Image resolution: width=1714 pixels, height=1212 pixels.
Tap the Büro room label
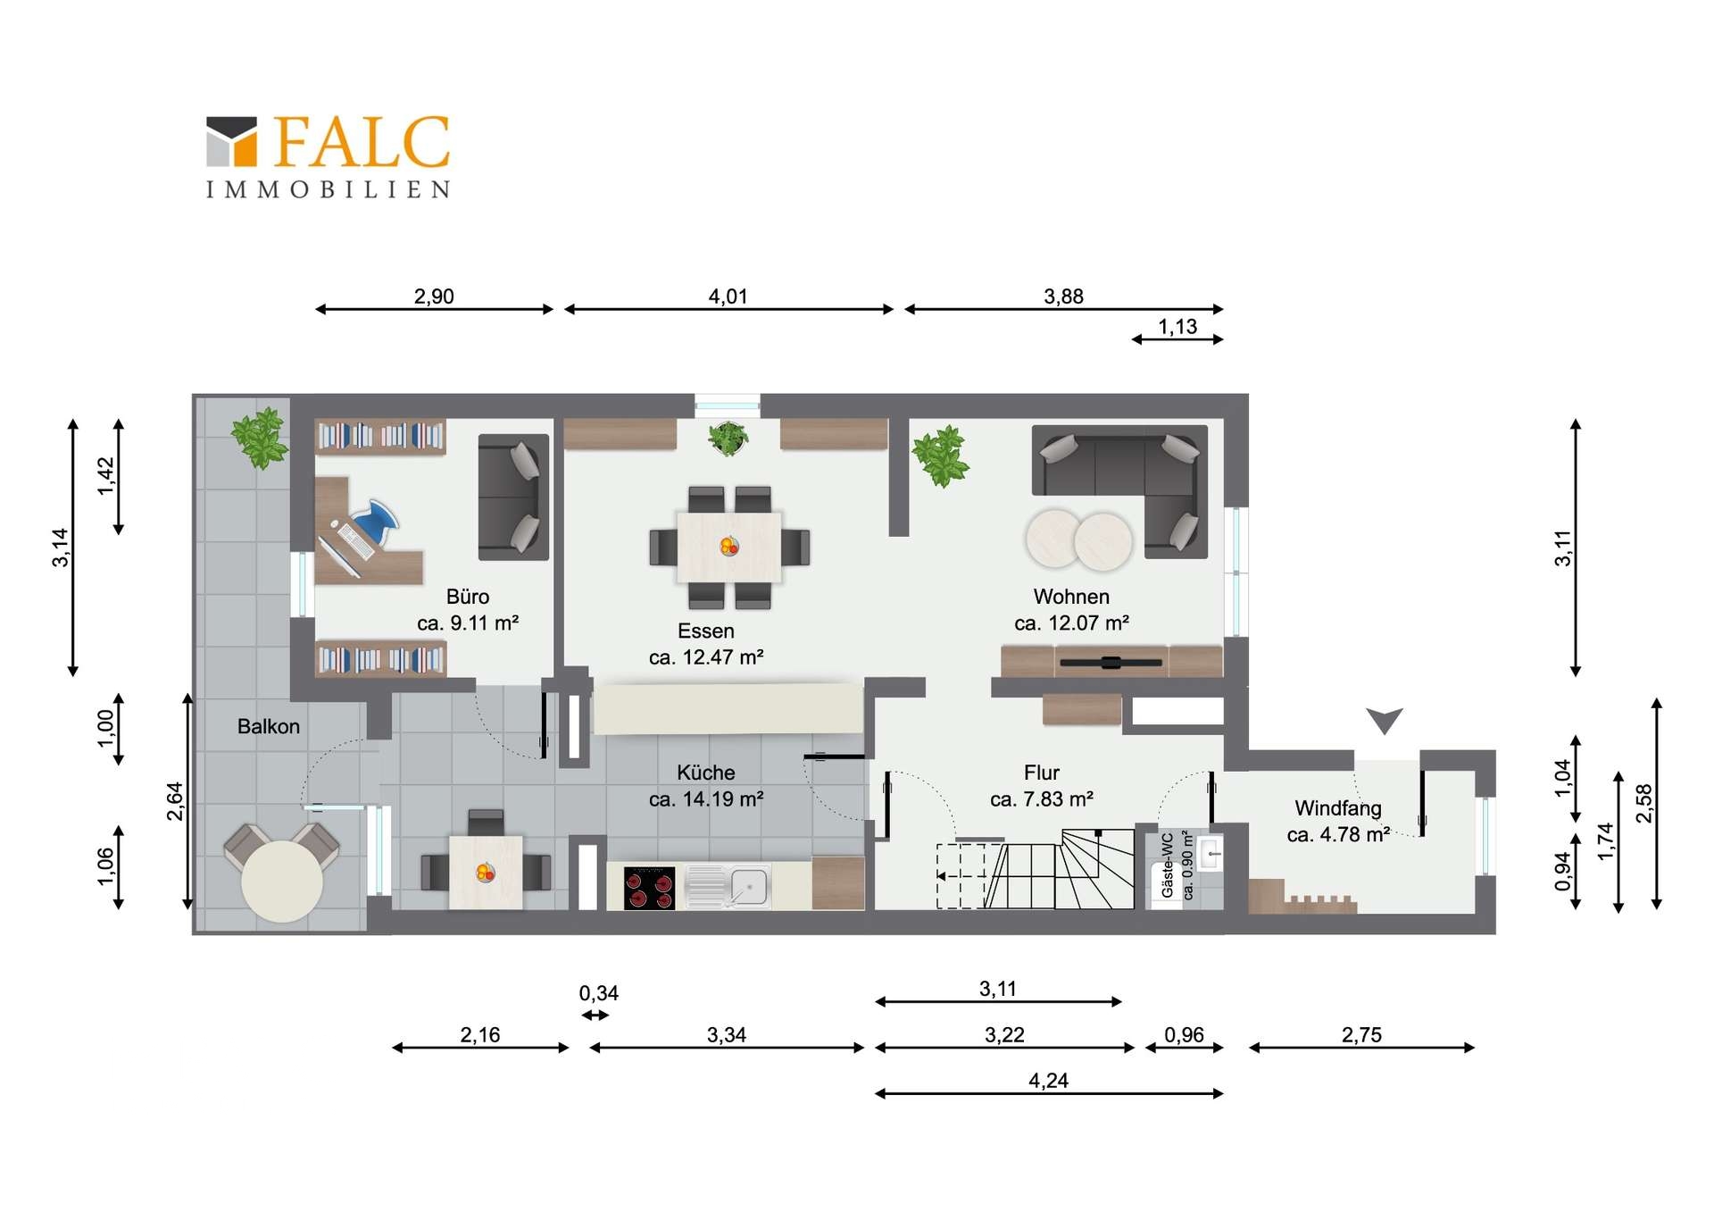pyautogui.click(x=468, y=597)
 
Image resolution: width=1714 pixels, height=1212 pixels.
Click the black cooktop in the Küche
pyautogui.click(x=649, y=888)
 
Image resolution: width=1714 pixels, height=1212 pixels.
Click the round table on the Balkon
pyautogui.click(x=282, y=881)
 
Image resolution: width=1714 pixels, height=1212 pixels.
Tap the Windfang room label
pyautogui.click(x=1338, y=808)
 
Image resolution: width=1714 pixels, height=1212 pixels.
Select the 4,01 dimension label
pyautogui.click(x=728, y=297)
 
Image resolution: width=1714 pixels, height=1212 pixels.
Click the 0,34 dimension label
pyautogui.click(x=598, y=993)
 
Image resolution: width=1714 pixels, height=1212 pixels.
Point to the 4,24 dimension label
pyautogui.click(x=1048, y=1081)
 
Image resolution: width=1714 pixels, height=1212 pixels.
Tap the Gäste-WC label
pyautogui.click(x=1167, y=865)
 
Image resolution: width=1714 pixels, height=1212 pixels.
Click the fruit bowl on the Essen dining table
pyautogui.click(x=729, y=546)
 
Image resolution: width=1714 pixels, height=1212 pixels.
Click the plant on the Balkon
pyautogui.click(x=260, y=438)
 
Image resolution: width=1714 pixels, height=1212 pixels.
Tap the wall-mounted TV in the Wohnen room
pyautogui.click(x=1111, y=663)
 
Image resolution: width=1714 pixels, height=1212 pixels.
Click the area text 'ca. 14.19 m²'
pyautogui.click(x=706, y=799)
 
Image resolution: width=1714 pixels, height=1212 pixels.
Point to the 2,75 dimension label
pyautogui.click(x=1361, y=1035)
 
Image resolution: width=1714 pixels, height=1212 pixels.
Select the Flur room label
pyautogui.click(x=1042, y=773)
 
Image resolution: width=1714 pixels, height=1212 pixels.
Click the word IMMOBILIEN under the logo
pyautogui.click(x=329, y=189)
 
